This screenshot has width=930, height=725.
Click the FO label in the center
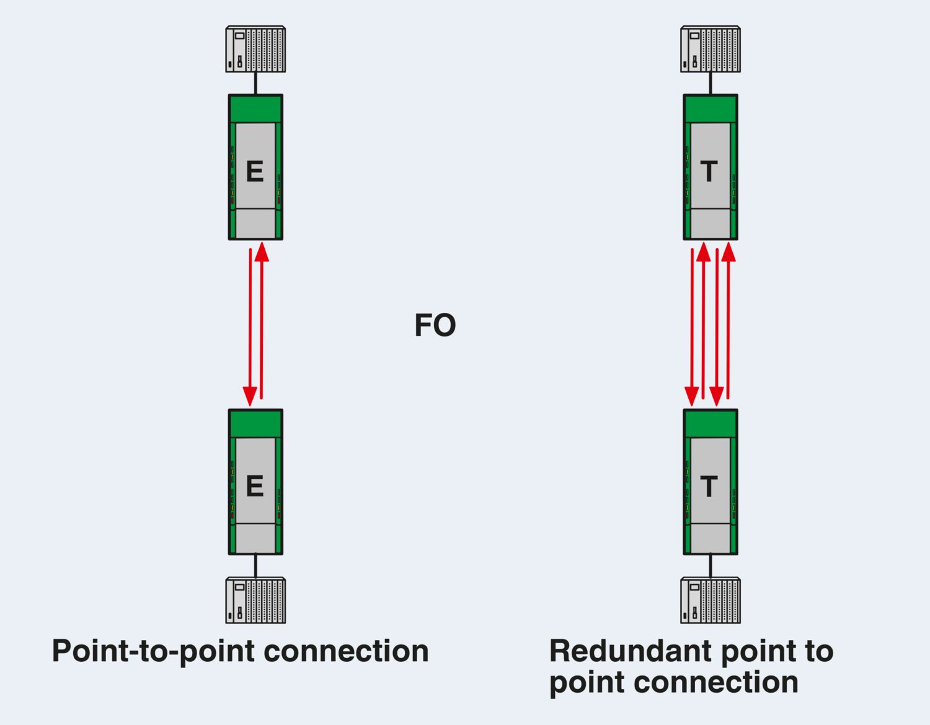(435, 325)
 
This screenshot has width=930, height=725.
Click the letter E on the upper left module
(255, 172)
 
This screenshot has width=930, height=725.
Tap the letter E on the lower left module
(255, 486)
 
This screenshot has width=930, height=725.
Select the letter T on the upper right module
(709, 172)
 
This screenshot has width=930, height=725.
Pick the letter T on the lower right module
(709, 486)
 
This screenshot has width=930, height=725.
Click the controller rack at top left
(255, 49)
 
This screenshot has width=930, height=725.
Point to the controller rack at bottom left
(255, 600)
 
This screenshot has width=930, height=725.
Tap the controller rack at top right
(711, 49)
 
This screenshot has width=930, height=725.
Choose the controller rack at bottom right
(711, 600)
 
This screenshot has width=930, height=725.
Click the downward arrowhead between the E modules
(250, 396)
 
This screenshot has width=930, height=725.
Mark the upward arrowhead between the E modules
(262, 252)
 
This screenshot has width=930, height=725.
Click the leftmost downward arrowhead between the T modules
(691, 396)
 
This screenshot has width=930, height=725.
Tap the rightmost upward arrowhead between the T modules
(728, 252)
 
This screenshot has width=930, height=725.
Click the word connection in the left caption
(346, 651)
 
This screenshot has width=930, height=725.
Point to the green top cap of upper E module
(255, 109)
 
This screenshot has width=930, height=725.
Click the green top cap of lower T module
(711, 424)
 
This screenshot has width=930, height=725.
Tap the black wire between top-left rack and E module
(255, 83)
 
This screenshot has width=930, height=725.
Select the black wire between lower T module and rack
(711, 566)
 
